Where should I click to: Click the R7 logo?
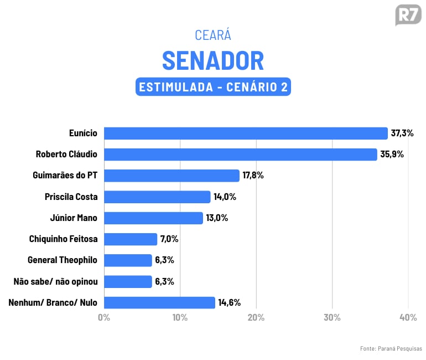(x=408, y=15)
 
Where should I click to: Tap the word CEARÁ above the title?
(x=213, y=35)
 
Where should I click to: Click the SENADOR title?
(x=213, y=60)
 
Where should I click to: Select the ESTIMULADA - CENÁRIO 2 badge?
(x=213, y=88)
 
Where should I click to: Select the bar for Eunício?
(x=246, y=133)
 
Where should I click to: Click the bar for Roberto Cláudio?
(x=241, y=155)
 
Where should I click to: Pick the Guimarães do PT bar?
(x=172, y=176)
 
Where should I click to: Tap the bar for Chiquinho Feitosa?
(x=131, y=239)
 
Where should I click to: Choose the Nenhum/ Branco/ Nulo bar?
(x=159, y=302)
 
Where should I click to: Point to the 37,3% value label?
(x=402, y=133)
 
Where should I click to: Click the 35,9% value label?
(x=392, y=155)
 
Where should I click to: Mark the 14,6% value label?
(x=229, y=302)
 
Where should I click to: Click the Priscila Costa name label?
(x=71, y=197)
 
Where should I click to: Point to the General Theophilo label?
(x=63, y=260)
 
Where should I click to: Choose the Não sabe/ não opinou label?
(x=55, y=281)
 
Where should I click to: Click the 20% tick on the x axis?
(x=256, y=318)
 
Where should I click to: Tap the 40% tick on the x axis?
(x=408, y=318)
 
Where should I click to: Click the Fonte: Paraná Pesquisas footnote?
(x=391, y=348)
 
